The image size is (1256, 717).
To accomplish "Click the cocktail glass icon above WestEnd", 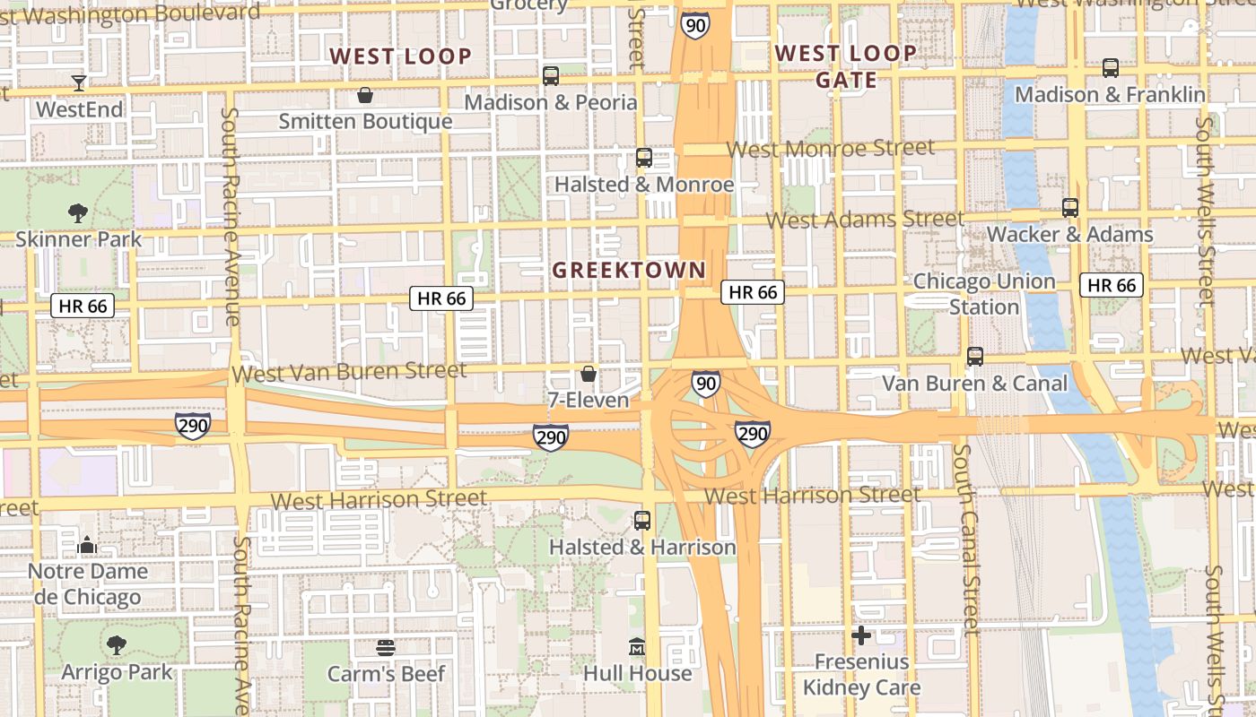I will pyautogui.click(x=79, y=83).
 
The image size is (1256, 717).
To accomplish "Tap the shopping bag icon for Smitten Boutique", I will pyautogui.click(x=365, y=95).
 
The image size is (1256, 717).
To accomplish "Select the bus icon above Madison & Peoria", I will pyautogui.click(x=551, y=76).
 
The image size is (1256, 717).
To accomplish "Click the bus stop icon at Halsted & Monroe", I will pyautogui.click(x=644, y=159).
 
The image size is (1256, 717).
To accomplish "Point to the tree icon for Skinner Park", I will pyautogui.click(x=78, y=213).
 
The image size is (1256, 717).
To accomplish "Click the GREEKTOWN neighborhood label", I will pyautogui.click(x=629, y=270).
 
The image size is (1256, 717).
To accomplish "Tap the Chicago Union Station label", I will pyautogui.click(x=984, y=294).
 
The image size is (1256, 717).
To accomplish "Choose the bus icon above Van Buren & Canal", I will pyautogui.click(x=975, y=357).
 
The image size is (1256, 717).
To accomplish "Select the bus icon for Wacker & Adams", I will pyautogui.click(x=1070, y=208).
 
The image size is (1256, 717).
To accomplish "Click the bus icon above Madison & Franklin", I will pyautogui.click(x=1111, y=68).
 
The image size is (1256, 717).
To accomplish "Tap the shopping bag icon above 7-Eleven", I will pyautogui.click(x=589, y=374).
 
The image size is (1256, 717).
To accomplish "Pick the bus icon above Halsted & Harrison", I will pyautogui.click(x=642, y=521).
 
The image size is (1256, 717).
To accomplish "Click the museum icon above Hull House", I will pyautogui.click(x=637, y=646).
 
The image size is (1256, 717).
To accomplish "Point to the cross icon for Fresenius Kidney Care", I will pyautogui.click(x=861, y=636).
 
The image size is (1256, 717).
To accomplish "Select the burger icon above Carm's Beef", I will pyautogui.click(x=386, y=647).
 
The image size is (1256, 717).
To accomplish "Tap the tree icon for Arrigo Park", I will pyautogui.click(x=116, y=644).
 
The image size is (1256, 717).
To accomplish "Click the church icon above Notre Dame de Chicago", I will pyautogui.click(x=87, y=544).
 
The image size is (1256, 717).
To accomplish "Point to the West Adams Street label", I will pyautogui.click(x=865, y=219).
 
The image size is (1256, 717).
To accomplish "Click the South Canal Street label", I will pyautogui.click(x=966, y=539).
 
